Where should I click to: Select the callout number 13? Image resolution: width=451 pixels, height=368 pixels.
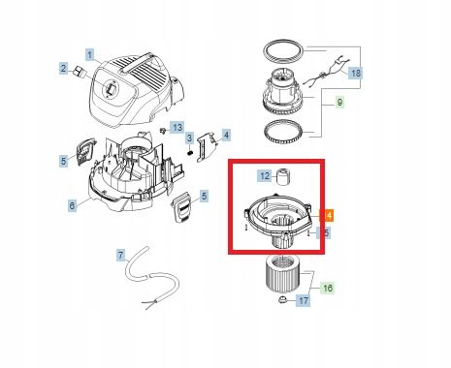click(x=177, y=128)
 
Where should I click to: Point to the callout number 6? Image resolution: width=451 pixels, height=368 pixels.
click(x=72, y=205)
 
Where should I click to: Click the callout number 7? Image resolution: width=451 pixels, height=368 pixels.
click(x=121, y=256)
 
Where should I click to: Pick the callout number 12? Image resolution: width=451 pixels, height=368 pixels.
click(x=264, y=176)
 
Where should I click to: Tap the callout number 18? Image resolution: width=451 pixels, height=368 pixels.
click(x=355, y=74)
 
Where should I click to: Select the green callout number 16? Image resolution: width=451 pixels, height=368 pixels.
click(x=327, y=288)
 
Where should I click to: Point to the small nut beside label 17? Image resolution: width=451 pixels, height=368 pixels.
click(x=283, y=301)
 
